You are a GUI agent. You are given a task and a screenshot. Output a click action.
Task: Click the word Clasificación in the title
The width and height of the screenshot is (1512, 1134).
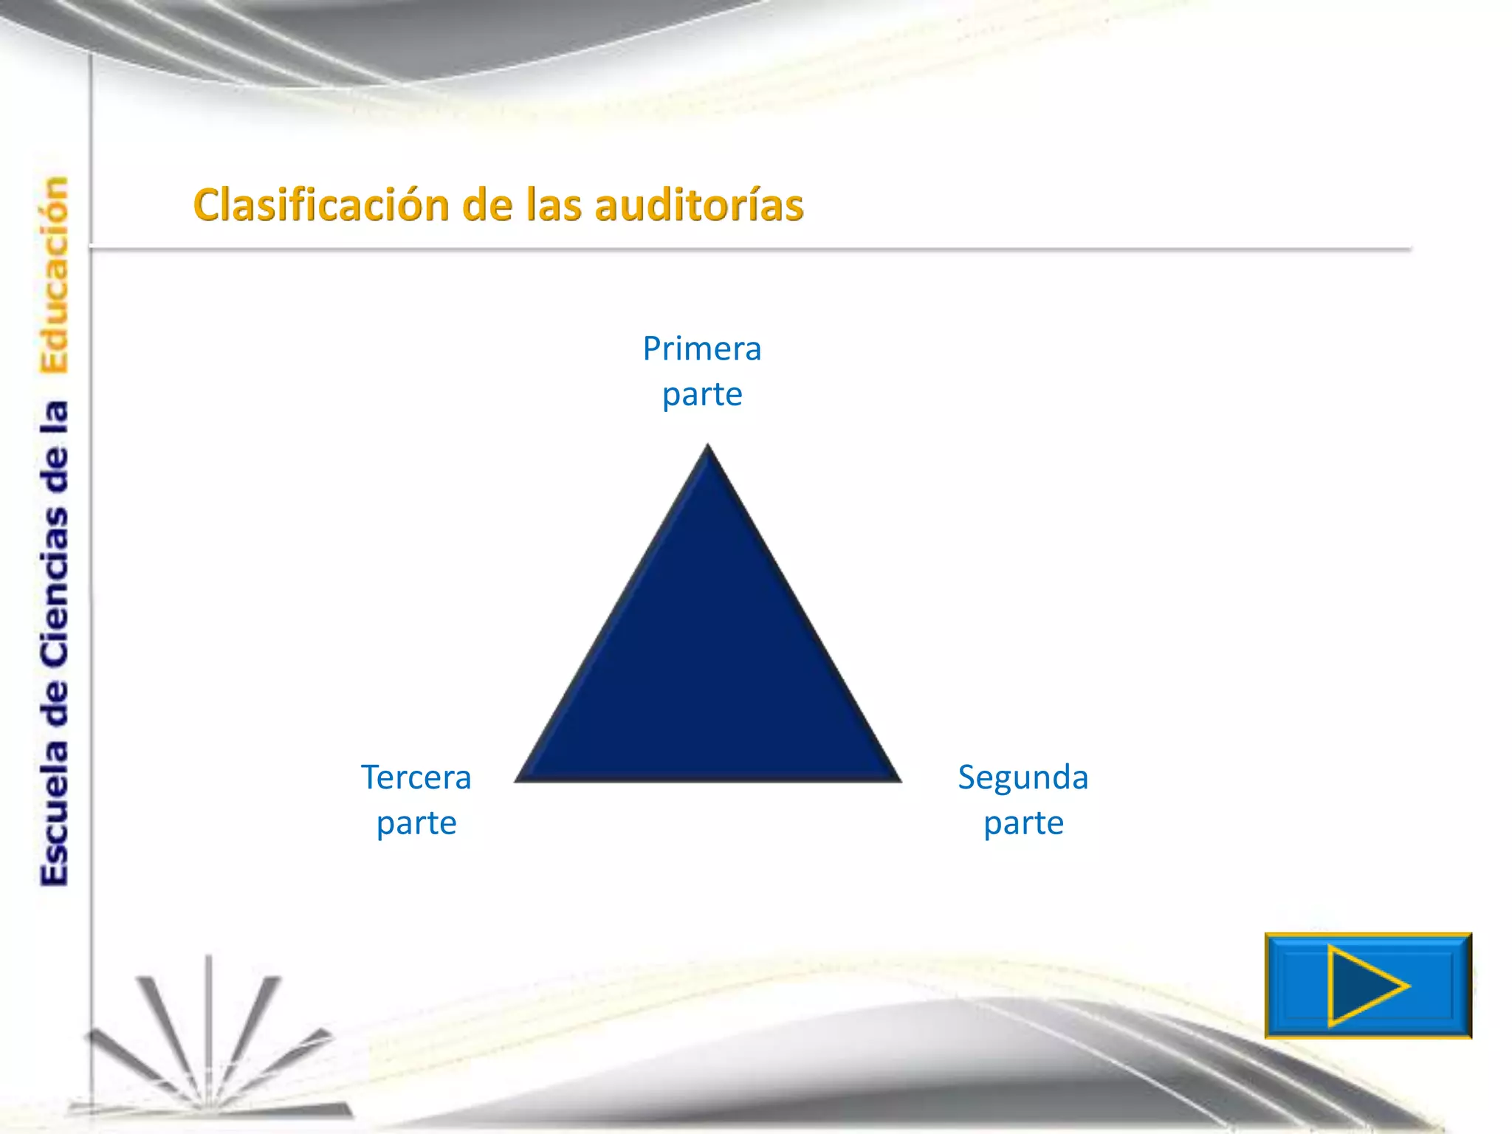[x=320, y=205]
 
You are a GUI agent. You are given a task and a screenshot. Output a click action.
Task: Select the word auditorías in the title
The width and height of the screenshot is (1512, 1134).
[x=698, y=205]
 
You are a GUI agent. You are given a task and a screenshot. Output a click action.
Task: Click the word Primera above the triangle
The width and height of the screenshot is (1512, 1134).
[x=701, y=348]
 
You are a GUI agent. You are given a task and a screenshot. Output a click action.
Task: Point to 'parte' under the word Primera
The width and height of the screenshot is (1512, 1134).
[x=701, y=395]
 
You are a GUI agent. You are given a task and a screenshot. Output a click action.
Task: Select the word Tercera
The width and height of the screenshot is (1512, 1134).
[x=416, y=777]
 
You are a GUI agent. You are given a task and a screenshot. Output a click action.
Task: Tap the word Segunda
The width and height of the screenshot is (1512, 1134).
[x=1023, y=777]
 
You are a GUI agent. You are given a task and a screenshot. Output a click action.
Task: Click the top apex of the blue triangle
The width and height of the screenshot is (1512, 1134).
[x=707, y=447]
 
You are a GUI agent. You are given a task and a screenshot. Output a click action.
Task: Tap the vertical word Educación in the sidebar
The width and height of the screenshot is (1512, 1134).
[x=55, y=275]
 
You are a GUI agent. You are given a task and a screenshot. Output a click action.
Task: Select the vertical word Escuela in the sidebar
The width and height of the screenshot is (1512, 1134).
[x=55, y=812]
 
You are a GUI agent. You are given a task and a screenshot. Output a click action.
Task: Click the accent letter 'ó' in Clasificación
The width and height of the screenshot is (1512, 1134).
[x=408, y=205]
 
